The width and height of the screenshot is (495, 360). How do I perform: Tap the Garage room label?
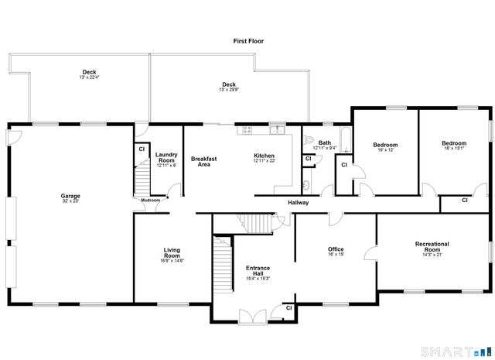(70, 196)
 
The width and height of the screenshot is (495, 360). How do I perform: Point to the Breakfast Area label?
(204, 161)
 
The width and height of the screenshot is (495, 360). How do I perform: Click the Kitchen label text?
(265, 156)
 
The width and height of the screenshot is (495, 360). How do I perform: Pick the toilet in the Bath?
(308, 141)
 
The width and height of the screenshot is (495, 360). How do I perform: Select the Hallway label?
(299, 203)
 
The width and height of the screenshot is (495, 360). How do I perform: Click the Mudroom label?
(150, 201)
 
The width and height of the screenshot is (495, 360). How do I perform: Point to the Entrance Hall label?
(258, 271)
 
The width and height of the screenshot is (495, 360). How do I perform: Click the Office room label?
(336, 249)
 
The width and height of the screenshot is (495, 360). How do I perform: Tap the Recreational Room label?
(432, 247)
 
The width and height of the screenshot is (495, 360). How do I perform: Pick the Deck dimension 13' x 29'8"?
(228, 90)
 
